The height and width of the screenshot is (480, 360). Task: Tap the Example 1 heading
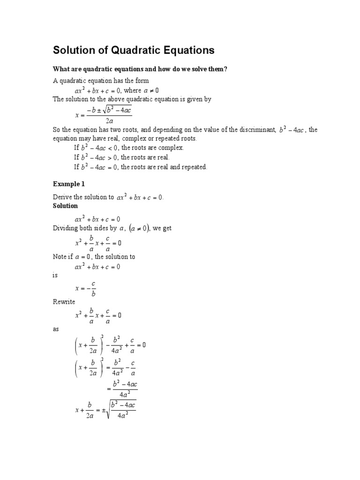[69, 184]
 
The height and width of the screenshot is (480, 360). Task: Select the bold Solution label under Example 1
[65, 206]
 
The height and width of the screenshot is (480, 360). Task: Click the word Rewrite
[64, 301]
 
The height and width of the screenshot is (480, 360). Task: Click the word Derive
[62, 197]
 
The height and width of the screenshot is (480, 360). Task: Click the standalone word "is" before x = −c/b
[55, 276]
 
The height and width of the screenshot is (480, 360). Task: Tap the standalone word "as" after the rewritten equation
[56, 330]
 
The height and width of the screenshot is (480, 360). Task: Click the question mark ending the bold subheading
[225, 69]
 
